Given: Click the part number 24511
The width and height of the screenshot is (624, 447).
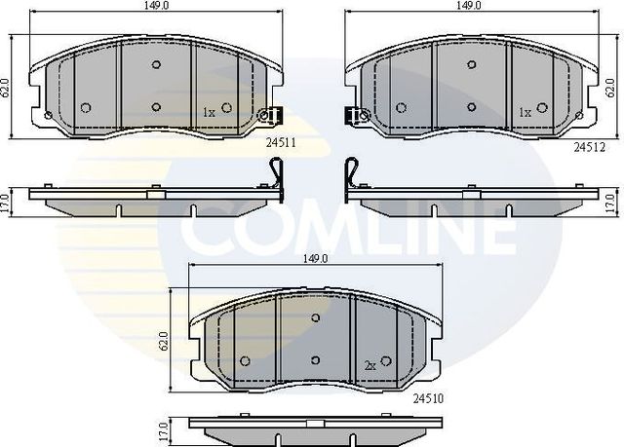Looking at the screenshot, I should [x=281, y=142].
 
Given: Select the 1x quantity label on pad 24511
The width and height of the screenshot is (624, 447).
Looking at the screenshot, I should [x=208, y=112].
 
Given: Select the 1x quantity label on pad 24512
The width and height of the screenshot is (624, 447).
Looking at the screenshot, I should [x=525, y=112].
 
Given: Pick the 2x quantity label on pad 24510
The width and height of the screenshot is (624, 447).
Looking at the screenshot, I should [x=370, y=365].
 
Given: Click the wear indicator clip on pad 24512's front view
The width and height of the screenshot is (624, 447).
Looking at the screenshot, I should [x=355, y=115].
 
